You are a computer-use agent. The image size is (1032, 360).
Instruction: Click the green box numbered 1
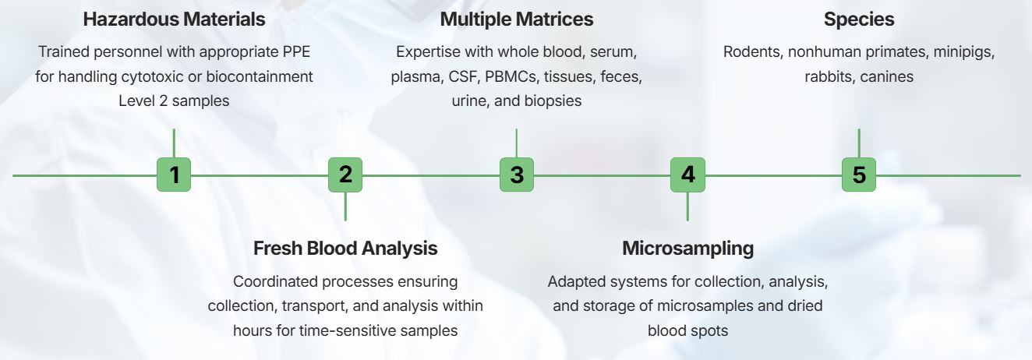174,175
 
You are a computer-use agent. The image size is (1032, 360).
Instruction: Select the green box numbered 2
345,175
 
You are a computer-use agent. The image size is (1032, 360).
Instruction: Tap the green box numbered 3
516,175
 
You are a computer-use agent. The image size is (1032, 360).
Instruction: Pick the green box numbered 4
687,175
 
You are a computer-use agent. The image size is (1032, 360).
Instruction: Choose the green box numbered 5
858,175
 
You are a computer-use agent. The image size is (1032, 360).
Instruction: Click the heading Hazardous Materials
174,19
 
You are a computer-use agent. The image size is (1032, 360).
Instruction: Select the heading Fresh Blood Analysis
345,249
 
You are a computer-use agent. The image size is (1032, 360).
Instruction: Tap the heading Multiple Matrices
516,19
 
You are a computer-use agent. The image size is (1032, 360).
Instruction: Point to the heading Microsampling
687,249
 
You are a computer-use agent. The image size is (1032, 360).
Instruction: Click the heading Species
858,19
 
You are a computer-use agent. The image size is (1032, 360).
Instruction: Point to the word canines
886,77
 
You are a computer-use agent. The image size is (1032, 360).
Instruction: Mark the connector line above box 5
858,143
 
